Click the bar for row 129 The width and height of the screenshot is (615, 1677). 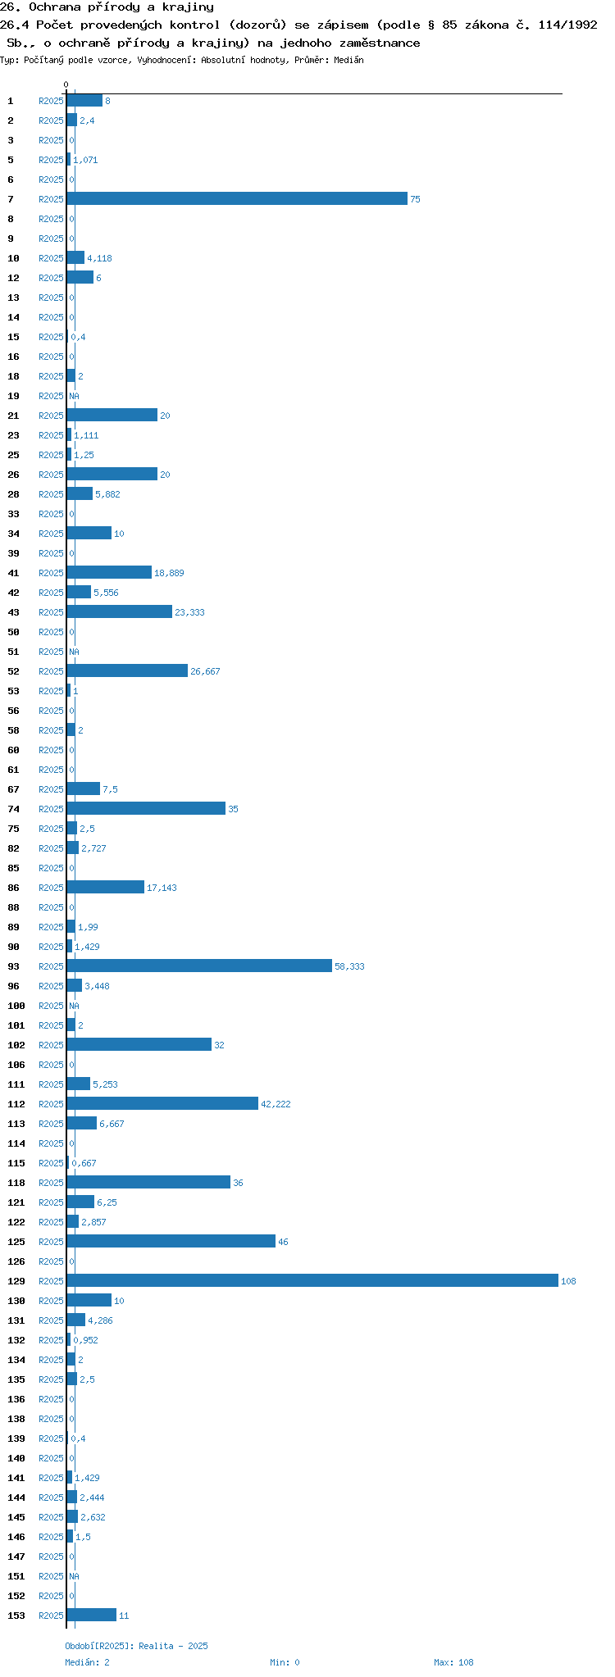[x=312, y=1280]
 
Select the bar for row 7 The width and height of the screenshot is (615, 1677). [x=236, y=198]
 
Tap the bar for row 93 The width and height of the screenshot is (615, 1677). [x=198, y=966]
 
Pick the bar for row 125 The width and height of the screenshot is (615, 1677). [x=171, y=1241]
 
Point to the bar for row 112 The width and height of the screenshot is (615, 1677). [x=162, y=1103]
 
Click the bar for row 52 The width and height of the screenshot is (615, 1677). [x=126, y=670]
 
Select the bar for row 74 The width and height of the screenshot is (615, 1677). [x=145, y=808]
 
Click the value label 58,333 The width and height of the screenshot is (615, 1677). [x=349, y=966]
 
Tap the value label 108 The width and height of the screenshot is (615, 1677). [x=568, y=1281]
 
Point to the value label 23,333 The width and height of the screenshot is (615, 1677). [x=189, y=612]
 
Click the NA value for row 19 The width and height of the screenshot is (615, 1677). [x=74, y=396]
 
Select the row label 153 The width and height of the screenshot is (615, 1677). [x=16, y=1616]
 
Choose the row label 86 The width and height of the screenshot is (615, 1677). [x=13, y=888]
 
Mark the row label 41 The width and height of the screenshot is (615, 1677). [x=13, y=573]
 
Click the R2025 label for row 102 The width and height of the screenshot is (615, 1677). [x=51, y=1045]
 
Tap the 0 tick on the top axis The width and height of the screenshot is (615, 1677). [x=66, y=84]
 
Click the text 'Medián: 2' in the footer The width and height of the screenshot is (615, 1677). [x=87, y=1662]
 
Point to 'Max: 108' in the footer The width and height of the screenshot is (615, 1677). [x=453, y=1662]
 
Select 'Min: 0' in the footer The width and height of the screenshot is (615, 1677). [x=285, y=1662]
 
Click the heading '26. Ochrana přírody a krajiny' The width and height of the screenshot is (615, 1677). [x=107, y=7]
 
